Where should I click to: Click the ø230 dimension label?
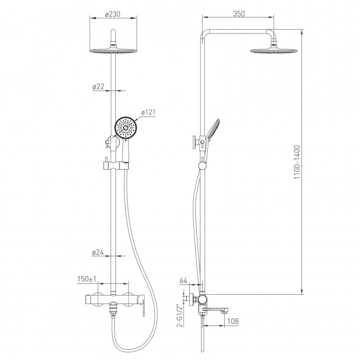[113, 14]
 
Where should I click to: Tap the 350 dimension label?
[239, 14]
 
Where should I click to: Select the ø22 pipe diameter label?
[98, 86]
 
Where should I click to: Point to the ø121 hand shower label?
[148, 112]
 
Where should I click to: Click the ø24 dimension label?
[98, 253]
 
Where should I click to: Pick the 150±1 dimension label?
[87, 279]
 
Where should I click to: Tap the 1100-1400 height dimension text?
[297, 162]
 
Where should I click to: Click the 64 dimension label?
[184, 280]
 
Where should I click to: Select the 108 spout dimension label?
[233, 321]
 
